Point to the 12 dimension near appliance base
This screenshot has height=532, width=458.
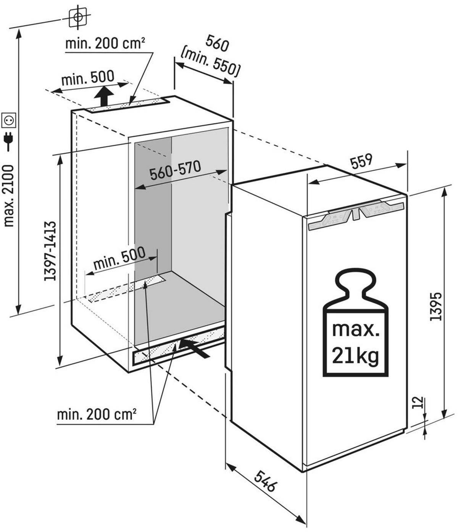(418, 403)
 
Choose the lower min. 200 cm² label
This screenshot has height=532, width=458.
(97, 414)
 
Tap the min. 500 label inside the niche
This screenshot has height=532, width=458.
(119, 258)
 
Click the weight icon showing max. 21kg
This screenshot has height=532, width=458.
(355, 323)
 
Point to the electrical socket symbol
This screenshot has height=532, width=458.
(9, 120)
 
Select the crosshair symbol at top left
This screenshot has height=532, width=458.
(78, 16)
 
